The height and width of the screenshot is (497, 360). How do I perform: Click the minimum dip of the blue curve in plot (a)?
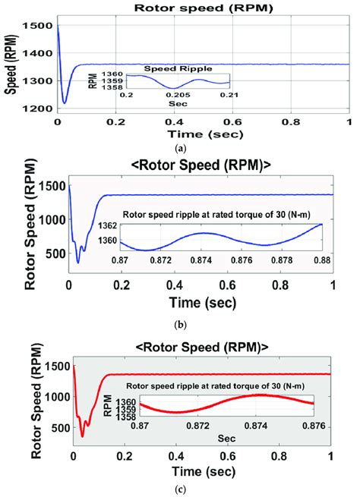(65, 102)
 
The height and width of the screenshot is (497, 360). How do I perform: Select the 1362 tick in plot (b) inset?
(108, 226)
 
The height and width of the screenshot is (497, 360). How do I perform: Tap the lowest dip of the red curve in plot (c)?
(82, 436)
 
